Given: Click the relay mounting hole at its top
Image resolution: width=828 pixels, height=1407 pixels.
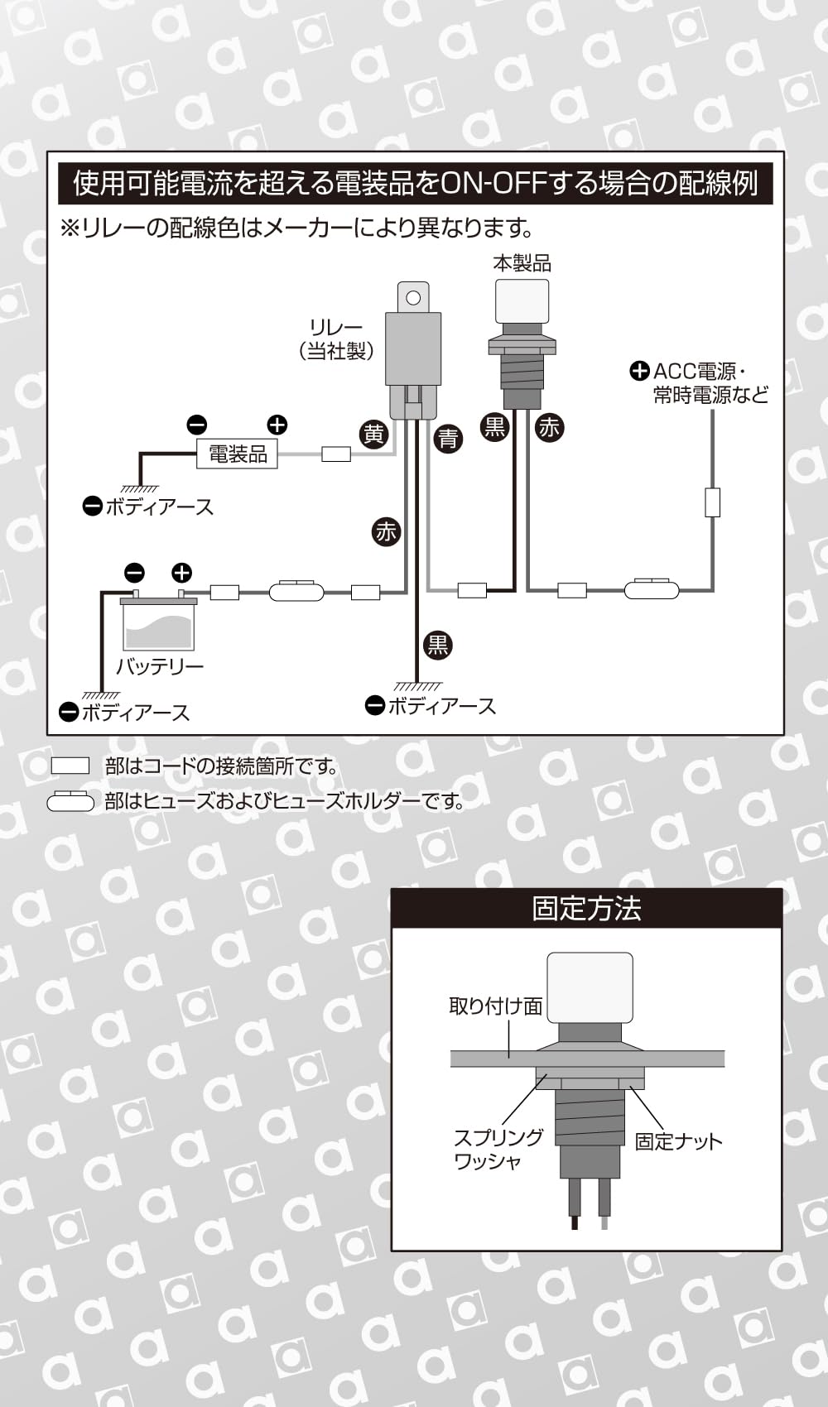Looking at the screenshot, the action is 412,297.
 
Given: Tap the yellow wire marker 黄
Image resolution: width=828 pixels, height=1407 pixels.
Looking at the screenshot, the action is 373,435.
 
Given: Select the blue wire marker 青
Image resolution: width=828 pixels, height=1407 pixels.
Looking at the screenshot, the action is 448,439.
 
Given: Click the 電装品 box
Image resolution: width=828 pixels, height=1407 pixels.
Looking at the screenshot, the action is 238,454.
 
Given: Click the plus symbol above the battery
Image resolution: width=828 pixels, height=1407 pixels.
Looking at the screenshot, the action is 181,573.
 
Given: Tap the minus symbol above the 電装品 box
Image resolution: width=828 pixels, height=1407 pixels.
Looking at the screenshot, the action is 197,425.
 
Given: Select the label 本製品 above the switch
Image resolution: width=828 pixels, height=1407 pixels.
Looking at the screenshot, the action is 522,264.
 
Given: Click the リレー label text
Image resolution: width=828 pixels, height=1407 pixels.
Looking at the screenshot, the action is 336,327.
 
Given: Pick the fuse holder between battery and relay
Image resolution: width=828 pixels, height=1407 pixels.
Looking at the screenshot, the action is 296,592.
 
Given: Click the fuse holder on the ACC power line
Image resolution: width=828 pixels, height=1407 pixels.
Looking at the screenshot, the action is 652,589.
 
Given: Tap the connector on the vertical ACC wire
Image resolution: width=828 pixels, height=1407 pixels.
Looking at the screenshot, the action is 712,502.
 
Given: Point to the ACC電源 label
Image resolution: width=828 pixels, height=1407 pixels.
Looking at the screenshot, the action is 695,372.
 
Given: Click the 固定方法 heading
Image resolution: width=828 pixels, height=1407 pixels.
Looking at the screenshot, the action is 587,909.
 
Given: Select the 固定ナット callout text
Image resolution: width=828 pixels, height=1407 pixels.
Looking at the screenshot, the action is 678,1141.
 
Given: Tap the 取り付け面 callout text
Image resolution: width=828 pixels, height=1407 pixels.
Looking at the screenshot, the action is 496,1007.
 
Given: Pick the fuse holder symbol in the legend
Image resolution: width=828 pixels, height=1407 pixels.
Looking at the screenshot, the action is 70,802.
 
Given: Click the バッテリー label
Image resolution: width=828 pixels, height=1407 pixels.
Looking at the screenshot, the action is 160,666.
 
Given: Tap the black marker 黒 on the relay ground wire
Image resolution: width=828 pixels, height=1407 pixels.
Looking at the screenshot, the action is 438,645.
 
